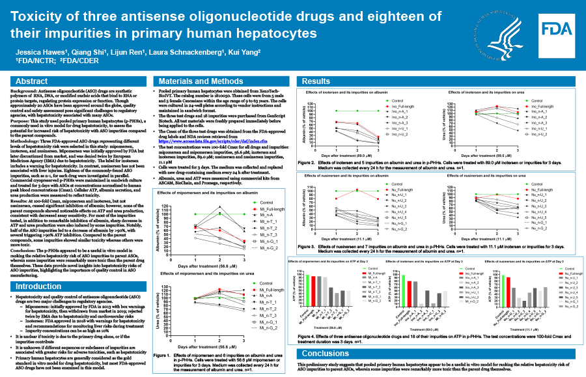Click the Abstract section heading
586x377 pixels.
coord(31,81)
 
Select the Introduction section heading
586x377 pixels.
coord(38,286)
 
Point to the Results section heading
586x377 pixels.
coord(316,81)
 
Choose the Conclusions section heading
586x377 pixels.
coord(326,354)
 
